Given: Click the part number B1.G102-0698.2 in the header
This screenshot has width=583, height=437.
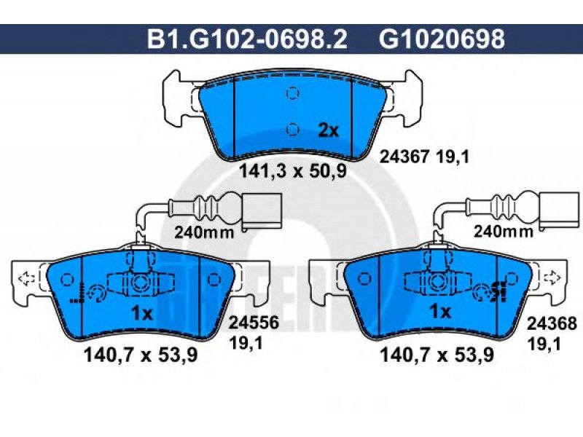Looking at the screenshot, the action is pyautogui.click(x=247, y=39).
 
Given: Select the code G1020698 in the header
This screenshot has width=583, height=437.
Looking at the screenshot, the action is pyautogui.click(x=442, y=39).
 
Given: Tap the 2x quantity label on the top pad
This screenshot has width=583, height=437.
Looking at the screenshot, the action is pyautogui.click(x=329, y=130).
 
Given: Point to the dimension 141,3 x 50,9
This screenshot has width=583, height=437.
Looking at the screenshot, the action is pyautogui.click(x=292, y=171).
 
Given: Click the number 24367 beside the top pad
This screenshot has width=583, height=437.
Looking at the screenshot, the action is pyautogui.click(x=404, y=157).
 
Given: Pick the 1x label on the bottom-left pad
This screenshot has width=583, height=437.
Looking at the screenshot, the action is pyautogui.click(x=142, y=314).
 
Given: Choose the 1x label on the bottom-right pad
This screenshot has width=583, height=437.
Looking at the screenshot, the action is pyautogui.click(x=440, y=312).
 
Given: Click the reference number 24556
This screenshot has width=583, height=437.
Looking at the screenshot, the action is pyautogui.click(x=254, y=323).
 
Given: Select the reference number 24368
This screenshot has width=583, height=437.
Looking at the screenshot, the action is pyautogui.click(x=552, y=323).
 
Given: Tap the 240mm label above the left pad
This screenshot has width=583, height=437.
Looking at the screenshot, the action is pyautogui.click(x=205, y=232).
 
